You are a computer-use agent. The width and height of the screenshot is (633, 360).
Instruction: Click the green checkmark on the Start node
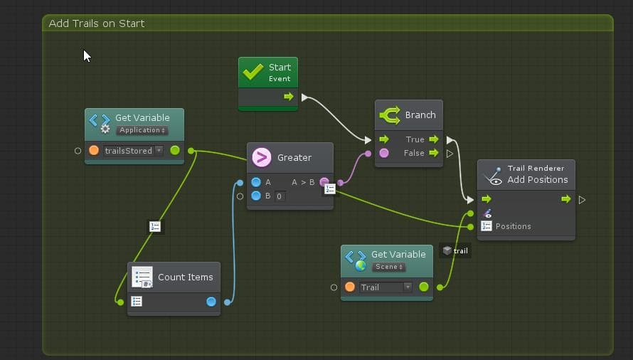(x=253, y=73)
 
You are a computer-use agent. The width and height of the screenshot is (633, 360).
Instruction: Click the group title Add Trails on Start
(x=97, y=23)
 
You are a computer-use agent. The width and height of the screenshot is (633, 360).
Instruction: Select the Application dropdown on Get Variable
(x=142, y=130)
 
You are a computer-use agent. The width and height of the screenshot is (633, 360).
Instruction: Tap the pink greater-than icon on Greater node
(x=262, y=157)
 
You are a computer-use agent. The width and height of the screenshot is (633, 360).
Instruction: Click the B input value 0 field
(x=280, y=196)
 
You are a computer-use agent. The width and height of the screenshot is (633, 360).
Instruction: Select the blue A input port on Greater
(x=256, y=182)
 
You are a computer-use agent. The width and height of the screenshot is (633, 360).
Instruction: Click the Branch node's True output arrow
(x=434, y=139)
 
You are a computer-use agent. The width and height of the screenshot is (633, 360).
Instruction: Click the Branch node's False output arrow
(x=434, y=153)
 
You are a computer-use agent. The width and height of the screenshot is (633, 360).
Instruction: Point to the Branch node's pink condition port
(x=384, y=153)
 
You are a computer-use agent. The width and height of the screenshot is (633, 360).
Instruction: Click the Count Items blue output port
(x=211, y=302)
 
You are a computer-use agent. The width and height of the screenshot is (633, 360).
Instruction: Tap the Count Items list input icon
(x=137, y=302)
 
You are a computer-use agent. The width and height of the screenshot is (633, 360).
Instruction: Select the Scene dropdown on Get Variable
(x=388, y=267)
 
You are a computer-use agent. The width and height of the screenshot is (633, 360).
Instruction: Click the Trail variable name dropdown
(x=385, y=287)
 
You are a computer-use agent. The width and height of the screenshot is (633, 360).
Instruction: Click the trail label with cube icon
(x=455, y=251)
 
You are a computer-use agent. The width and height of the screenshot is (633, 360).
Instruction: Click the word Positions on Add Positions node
(x=513, y=226)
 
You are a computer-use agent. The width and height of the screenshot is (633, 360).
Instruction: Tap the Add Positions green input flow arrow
(x=486, y=199)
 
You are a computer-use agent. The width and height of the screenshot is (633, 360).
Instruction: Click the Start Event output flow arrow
(x=288, y=97)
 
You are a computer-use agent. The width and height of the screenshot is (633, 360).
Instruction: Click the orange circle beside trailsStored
(x=94, y=151)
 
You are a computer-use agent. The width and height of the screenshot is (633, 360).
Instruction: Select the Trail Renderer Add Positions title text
(x=537, y=174)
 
